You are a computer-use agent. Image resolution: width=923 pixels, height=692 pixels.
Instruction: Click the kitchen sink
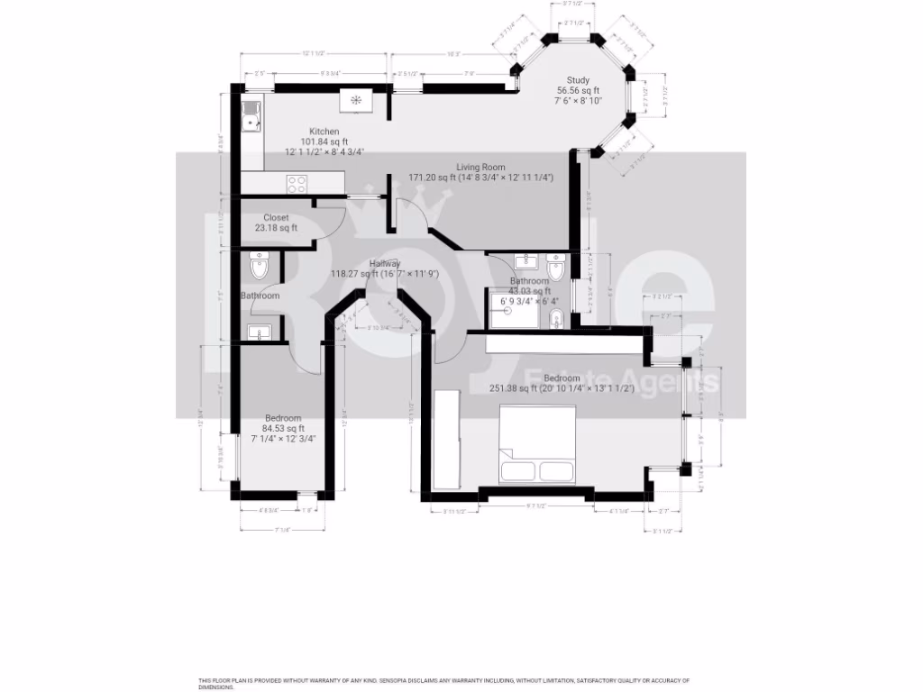(x=251, y=115)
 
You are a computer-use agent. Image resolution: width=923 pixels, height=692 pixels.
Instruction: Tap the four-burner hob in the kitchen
(x=297, y=184)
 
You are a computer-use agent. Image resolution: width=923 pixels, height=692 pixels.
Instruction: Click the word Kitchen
(x=324, y=132)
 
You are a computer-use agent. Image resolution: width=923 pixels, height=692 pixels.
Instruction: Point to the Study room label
(x=578, y=80)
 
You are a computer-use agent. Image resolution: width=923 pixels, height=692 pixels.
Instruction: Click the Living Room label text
(x=480, y=167)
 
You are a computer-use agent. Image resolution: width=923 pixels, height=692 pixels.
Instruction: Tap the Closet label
(x=276, y=217)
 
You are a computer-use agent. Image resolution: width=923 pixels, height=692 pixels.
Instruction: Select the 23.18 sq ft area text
(x=276, y=228)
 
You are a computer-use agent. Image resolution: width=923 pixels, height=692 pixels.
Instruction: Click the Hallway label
(x=384, y=263)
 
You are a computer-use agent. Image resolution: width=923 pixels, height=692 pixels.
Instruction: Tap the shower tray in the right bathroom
(x=509, y=309)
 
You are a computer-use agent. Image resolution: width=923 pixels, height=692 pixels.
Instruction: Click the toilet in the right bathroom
(x=555, y=266)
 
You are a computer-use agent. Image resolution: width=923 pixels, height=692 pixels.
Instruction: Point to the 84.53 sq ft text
(x=283, y=428)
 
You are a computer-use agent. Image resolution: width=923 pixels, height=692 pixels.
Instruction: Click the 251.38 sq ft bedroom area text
(x=513, y=388)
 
